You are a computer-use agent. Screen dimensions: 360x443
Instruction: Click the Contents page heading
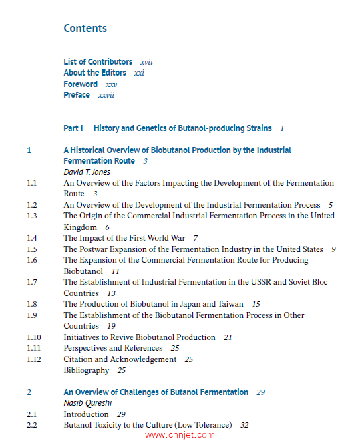[85, 28]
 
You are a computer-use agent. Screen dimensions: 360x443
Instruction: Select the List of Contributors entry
[98, 62]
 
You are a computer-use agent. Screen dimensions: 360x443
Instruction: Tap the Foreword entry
[81, 84]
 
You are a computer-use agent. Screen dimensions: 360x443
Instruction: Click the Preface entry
[77, 95]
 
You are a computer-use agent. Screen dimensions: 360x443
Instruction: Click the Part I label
[73, 128]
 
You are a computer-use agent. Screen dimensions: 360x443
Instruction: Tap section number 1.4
[32, 238]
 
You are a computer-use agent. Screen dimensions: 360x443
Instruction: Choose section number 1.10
[34, 337]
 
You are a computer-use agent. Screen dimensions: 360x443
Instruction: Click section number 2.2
[32, 425]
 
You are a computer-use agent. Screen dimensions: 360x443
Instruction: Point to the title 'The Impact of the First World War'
[124, 238]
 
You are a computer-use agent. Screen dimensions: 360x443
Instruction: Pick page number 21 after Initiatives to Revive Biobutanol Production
[228, 337]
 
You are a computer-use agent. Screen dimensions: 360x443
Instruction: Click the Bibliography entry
[86, 370]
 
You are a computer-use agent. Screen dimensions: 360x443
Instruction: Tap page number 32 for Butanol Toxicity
[244, 425]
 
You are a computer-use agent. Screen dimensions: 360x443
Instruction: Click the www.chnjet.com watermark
[180, 435]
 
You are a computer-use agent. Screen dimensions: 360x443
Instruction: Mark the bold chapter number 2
[29, 392]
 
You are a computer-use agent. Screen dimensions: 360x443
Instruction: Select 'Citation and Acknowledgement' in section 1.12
[120, 359]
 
